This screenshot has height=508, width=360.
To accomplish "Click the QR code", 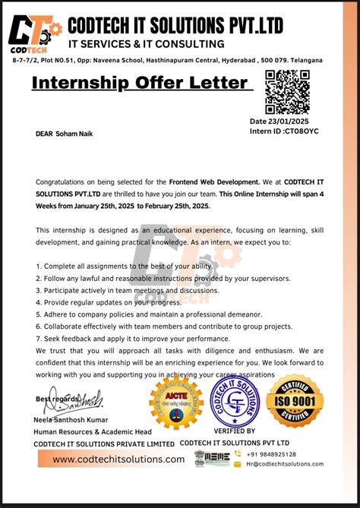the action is click(287, 92).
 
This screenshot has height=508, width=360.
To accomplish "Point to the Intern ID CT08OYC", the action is click(284, 131).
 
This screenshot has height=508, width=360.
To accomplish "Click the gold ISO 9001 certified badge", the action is click(295, 401).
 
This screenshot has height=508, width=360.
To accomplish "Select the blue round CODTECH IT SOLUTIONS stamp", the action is click(235, 402).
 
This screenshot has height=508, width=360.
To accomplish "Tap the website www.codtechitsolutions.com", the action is click(118, 459).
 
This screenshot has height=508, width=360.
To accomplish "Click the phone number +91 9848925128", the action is click(270, 454).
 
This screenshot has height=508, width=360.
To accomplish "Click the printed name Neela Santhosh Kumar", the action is click(71, 420).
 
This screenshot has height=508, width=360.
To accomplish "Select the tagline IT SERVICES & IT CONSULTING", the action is click(146, 44).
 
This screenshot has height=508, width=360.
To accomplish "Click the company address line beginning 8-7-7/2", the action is click(166, 60).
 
